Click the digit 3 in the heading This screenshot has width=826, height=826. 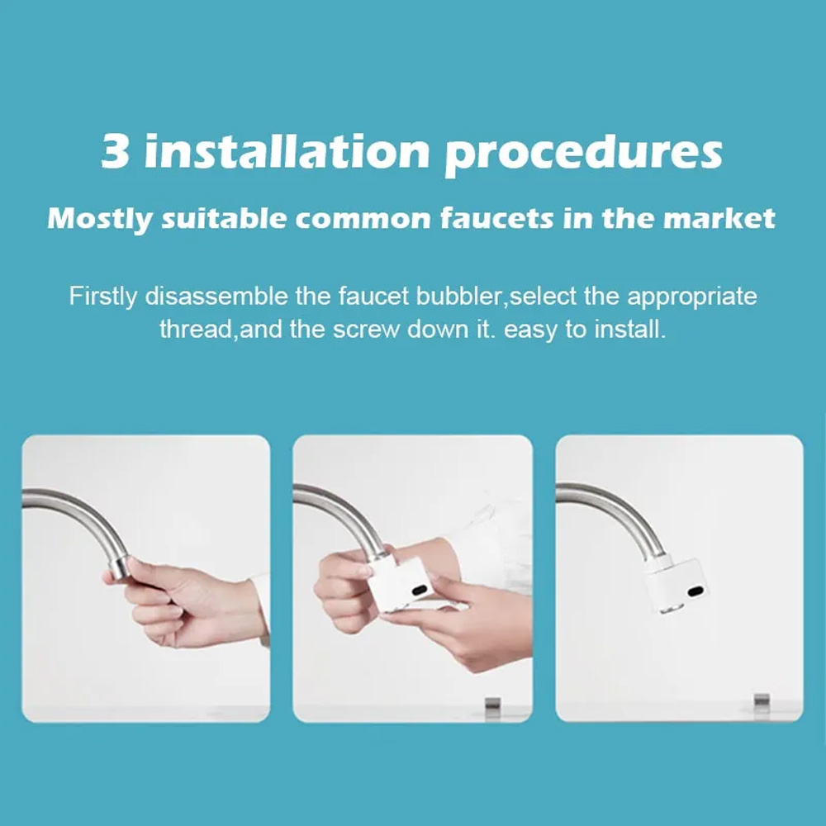tap(116, 151)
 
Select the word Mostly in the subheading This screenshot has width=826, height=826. tap(100, 219)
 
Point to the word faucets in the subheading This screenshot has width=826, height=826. tap(496, 217)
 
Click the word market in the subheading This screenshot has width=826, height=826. tap(719, 217)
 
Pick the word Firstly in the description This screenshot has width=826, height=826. tap(102, 297)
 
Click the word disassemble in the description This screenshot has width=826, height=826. tap(216, 296)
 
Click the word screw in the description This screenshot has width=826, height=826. tap(366, 330)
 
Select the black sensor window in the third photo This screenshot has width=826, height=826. tap(695, 591)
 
